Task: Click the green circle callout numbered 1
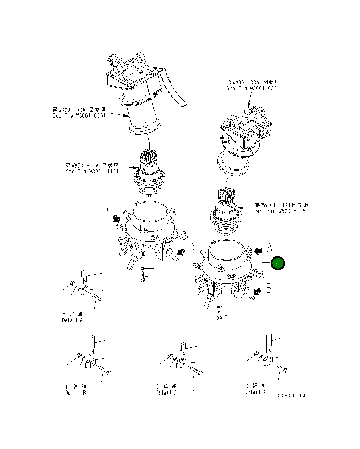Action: point(278,264)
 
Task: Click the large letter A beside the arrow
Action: point(269,248)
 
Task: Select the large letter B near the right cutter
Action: point(269,288)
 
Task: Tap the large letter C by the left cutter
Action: point(110,210)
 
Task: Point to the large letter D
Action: point(191,248)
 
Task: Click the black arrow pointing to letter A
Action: point(258,250)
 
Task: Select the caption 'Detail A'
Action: point(73,320)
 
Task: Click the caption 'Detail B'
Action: point(76,393)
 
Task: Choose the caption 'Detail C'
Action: point(166,392)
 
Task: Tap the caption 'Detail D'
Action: point(255,392)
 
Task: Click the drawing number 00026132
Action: point(292,396)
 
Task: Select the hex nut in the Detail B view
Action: point(79,356)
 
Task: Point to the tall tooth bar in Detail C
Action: point(183,349)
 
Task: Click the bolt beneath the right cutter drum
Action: point(219,316)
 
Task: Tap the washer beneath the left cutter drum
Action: point(142,268)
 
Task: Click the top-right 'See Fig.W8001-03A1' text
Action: point(253,89)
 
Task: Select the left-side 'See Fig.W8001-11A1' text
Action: point(92,171)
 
